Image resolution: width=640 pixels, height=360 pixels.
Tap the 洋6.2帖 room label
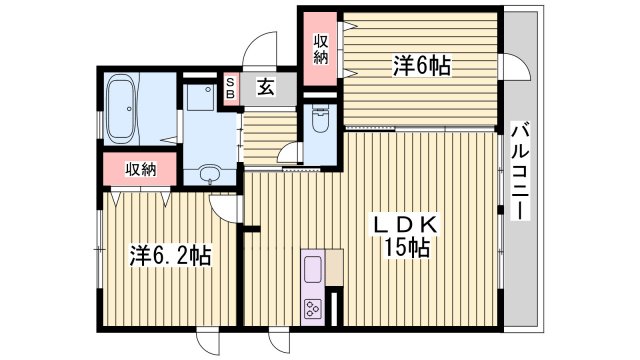[169, 256]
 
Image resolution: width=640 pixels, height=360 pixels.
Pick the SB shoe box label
[230, 88]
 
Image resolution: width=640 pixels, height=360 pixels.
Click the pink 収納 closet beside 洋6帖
[320, 47]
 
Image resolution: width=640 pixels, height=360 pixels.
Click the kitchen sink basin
[311, 270]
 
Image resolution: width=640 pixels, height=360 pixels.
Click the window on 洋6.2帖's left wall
[98, 253]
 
